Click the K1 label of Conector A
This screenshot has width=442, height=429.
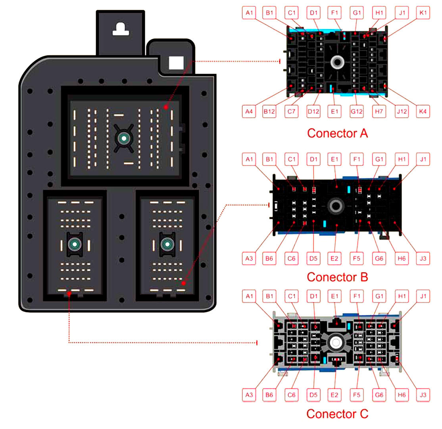423,13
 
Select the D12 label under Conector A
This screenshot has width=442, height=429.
313,111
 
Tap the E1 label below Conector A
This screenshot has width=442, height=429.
334,111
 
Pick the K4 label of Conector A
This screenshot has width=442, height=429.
423,111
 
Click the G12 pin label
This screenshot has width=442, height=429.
356,111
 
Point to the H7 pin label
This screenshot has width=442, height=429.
379,111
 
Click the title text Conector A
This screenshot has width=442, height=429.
337,133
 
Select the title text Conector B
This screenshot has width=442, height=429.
337,277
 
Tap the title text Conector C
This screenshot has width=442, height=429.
337,414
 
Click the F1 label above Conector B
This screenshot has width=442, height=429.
357,159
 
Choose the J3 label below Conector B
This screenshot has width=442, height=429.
423,258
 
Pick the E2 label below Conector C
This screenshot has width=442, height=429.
334,395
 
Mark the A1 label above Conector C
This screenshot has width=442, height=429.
249,296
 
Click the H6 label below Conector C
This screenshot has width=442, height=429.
402,395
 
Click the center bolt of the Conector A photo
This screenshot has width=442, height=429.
337,62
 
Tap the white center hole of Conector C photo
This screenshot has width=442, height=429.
336,343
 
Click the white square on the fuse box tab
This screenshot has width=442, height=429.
176,63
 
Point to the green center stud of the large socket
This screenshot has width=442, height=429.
124,138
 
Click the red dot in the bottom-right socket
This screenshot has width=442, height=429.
184,283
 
